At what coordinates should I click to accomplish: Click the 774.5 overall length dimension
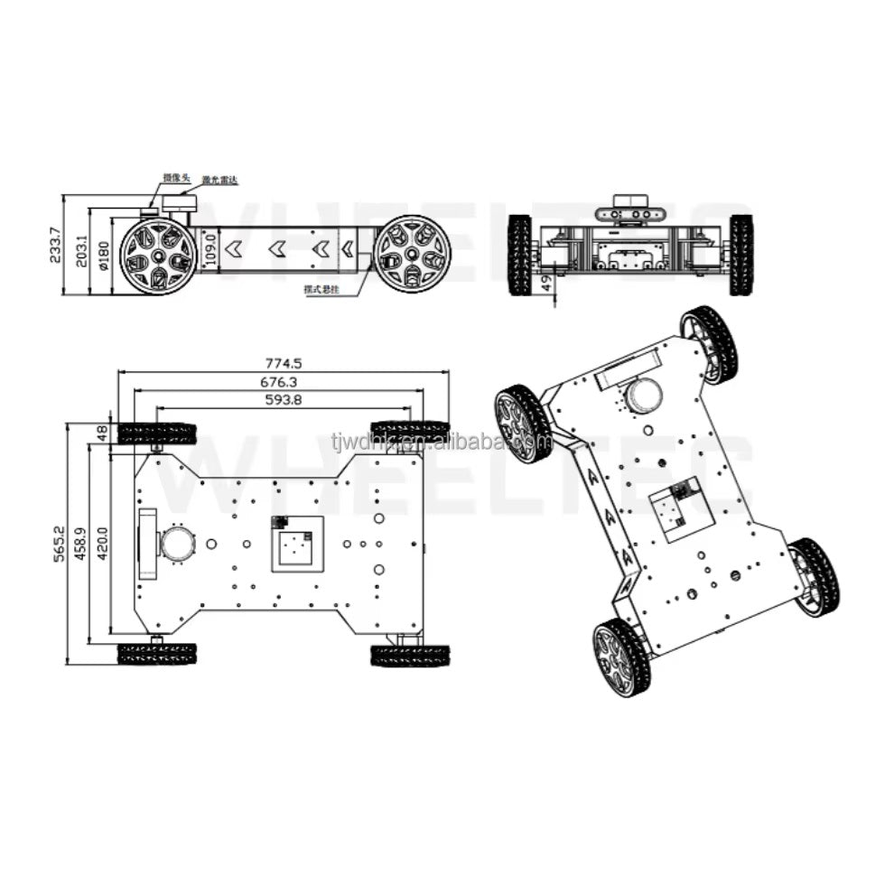[x=284, y=364]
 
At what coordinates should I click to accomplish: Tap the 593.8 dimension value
[x=283, y=400]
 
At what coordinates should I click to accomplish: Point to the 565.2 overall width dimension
[x=61, y=545]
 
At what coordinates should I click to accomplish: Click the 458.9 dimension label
[x=81, y=545]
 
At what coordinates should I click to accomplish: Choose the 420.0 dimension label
[x=101, y=545]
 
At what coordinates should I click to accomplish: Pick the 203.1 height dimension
[x=81, y=250]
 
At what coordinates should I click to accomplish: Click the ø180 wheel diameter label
[x=102, y=256]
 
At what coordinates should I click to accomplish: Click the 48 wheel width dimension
[x=102, y=433]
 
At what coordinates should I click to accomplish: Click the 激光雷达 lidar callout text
[x=220, y=181]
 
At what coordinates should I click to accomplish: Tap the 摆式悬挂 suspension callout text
[x=323, y=291]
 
